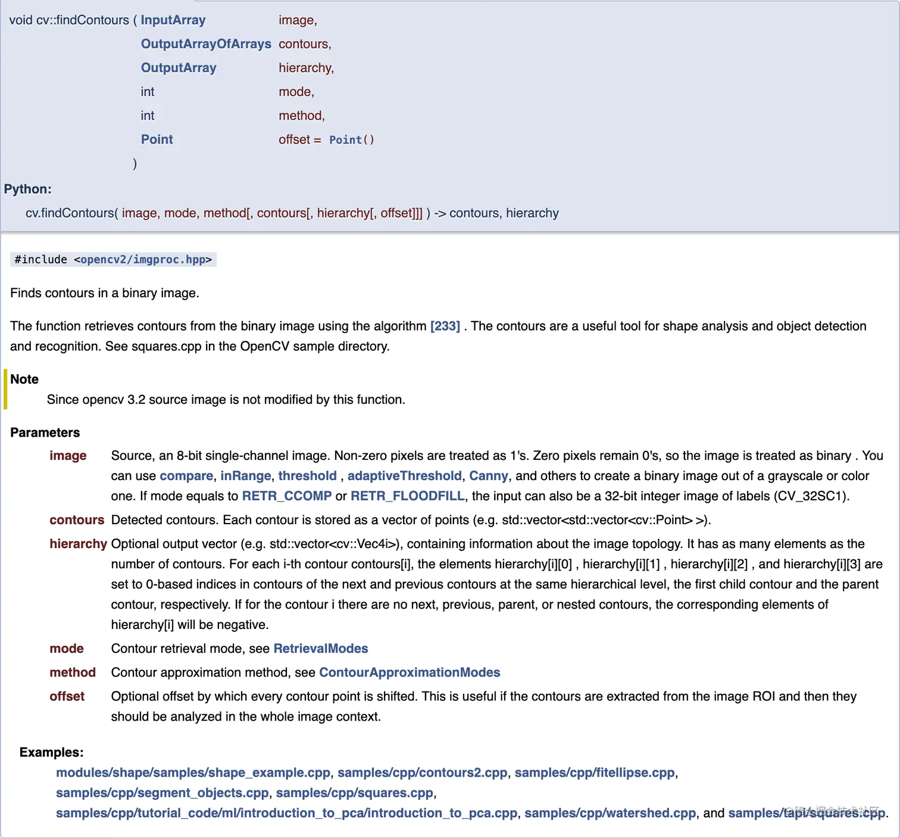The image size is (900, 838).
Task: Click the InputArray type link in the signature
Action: pos(173,20)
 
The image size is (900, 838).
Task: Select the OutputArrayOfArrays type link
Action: pos(206,44)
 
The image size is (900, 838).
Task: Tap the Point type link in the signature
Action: pos(157,139)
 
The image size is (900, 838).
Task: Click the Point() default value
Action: pos(351,140)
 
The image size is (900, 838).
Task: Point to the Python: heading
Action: pos(27,189)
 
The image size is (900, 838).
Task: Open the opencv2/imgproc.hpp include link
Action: pos(143,260)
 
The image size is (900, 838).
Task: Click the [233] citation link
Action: pos(445,326)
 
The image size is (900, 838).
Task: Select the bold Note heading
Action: pos(24,379)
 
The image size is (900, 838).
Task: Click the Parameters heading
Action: pos(45,432)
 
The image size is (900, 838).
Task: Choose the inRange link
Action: pos(245,476)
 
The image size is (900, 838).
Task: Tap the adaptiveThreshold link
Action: pos(404,476)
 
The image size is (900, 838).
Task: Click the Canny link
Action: pos(488,476)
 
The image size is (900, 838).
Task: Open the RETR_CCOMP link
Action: pos(286,496)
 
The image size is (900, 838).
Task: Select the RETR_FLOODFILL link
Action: pos(407,496)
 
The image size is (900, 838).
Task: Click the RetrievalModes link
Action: pos(320,649)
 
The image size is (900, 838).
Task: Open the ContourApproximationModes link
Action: pos(410,672)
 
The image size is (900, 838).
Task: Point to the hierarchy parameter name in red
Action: pos(78,544)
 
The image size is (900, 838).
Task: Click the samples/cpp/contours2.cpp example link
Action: pos(422,772)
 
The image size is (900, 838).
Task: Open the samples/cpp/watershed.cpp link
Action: pos(610,813)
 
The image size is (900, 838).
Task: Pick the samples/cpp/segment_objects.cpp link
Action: pos(162,793)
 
